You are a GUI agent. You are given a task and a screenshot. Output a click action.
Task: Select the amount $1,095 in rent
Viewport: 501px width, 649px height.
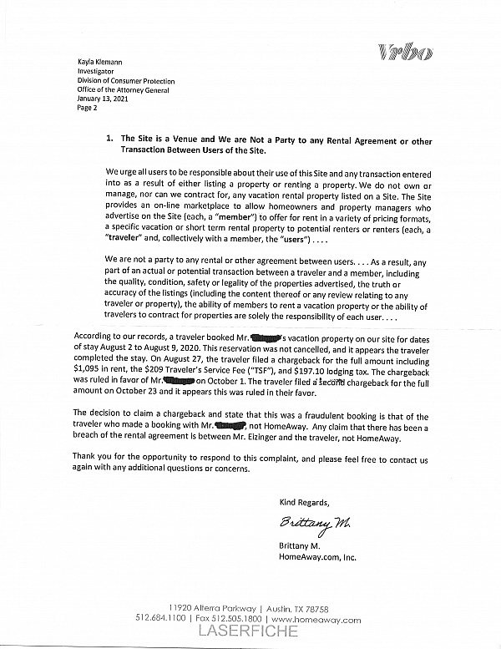(x=89, y=365)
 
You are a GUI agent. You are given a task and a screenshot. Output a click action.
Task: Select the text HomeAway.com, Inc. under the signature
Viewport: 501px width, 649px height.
(x=319, y=555)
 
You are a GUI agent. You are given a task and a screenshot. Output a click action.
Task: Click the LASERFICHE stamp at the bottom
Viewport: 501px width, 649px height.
(x=248, y=632)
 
